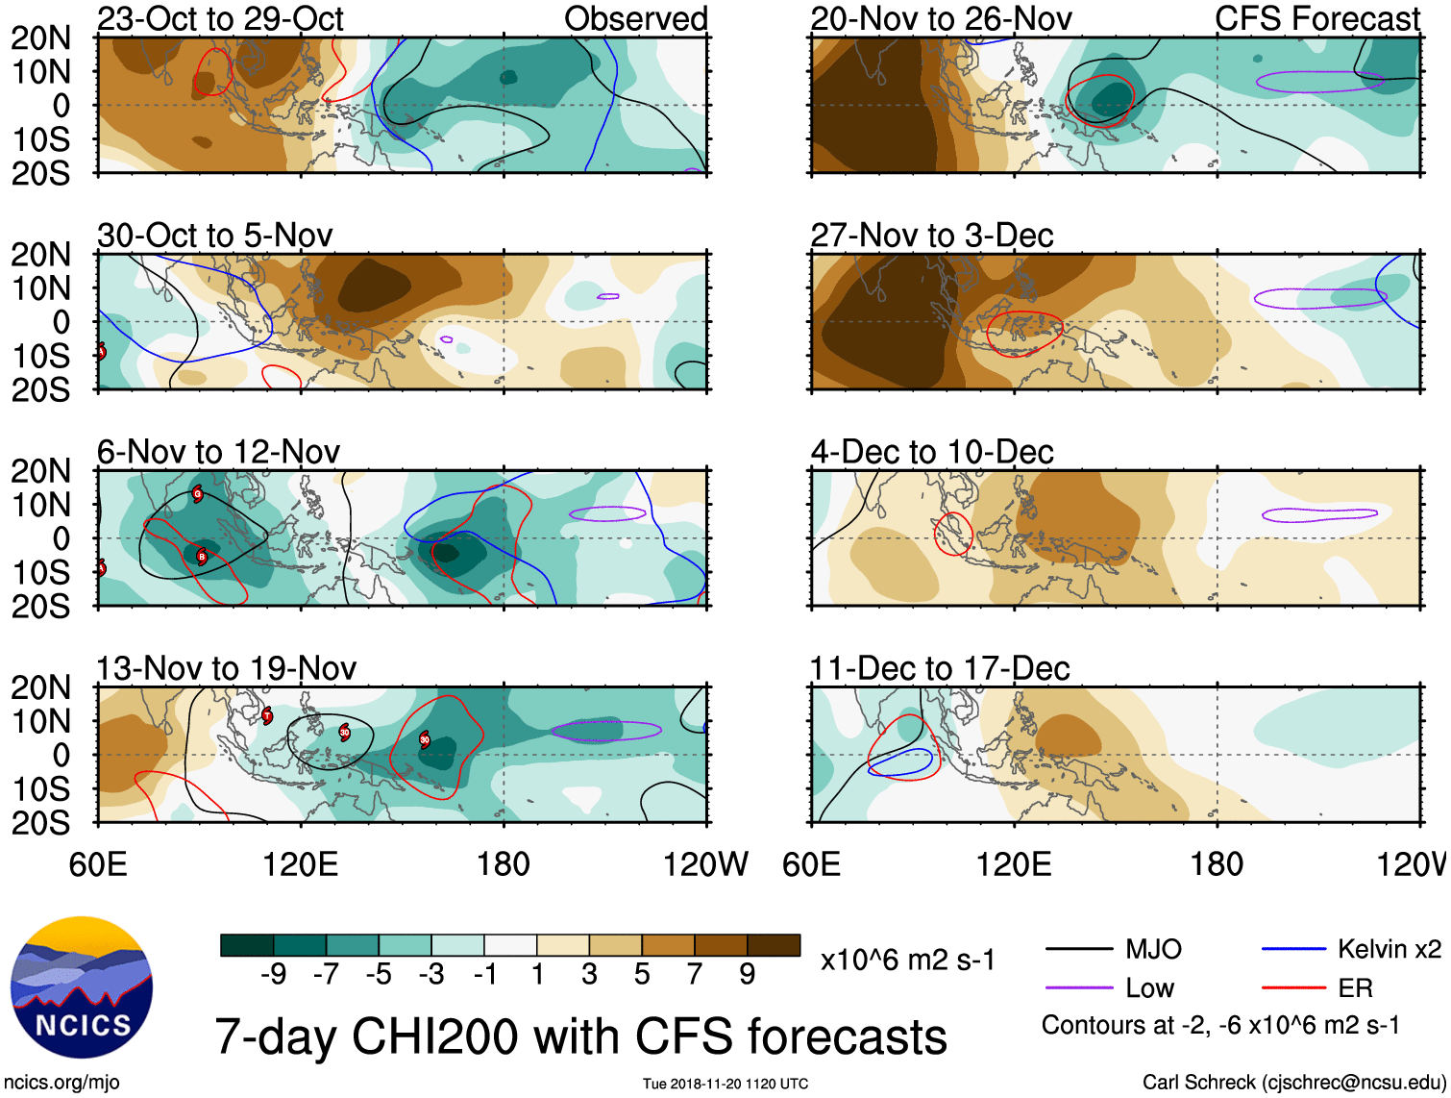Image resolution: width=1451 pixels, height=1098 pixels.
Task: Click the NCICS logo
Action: click(82, 987)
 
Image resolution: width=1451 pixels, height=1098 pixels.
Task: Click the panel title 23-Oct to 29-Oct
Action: click(220, 19)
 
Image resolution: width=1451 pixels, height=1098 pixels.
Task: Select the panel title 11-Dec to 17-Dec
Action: click(939, 668)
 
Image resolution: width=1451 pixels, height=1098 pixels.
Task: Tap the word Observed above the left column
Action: click(635, 19)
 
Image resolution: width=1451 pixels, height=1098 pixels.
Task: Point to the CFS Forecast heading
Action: click(1316, 19)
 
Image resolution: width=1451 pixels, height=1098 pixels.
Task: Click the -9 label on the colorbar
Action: click(273, 975)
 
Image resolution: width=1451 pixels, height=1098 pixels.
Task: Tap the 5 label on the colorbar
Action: click(642, 975)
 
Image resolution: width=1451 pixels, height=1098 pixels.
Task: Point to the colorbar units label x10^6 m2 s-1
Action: click(907, 960)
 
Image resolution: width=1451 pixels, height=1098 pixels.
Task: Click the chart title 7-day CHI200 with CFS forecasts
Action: click(580, 1037)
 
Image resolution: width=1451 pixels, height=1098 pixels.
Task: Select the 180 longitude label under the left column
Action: click(504, 864)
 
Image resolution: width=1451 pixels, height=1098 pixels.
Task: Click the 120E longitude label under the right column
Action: click(1014, 864)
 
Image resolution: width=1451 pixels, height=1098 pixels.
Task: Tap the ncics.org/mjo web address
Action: click(61, 1083)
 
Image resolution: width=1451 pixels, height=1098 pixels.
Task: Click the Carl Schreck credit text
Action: click(1293, 1083)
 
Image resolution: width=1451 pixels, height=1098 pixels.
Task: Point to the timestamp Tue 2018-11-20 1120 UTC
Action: click(725, 1085)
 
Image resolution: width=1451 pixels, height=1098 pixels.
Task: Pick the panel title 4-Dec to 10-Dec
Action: click(932, 452)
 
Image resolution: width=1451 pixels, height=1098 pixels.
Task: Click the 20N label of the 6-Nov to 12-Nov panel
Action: click(41, 471)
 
